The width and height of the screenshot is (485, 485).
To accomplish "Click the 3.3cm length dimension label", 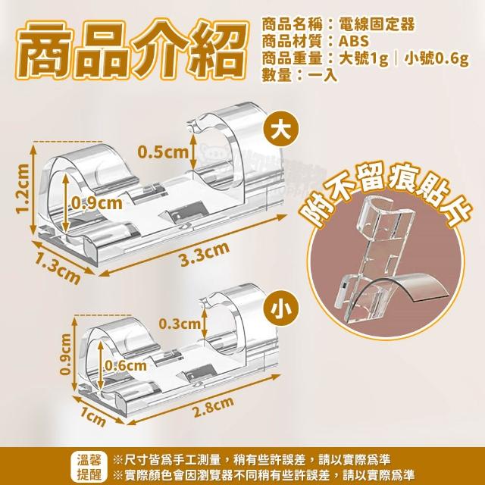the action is tap(205, 254).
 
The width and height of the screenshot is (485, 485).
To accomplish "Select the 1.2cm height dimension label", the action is tap(23, 189).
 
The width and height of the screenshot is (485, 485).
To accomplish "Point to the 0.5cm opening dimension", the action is tap(163, 152).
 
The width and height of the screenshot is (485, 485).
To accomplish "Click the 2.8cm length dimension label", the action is tap(214, 406).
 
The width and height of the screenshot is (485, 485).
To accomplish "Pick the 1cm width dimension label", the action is tap(93, 417).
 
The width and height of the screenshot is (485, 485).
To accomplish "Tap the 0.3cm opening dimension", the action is tap(180, 324).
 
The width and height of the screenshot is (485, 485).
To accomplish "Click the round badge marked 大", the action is tap(281, 130).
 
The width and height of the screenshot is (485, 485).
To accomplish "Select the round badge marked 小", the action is tap(281, 308).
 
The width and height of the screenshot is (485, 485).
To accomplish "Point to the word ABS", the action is tap(354, 42).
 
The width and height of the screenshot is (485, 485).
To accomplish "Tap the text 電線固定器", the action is tap(377, 23).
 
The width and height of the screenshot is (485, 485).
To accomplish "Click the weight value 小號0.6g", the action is tap(436, 59).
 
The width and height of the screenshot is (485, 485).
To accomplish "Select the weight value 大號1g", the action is tap(363, 59).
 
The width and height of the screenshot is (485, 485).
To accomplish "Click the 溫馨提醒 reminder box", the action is tap(89, 467).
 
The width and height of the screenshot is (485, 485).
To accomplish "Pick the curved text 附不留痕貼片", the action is tap(386, 195).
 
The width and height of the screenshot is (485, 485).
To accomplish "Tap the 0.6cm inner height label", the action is tap(126, 365).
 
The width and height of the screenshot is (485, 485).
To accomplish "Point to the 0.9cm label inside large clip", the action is tap(97, 203).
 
